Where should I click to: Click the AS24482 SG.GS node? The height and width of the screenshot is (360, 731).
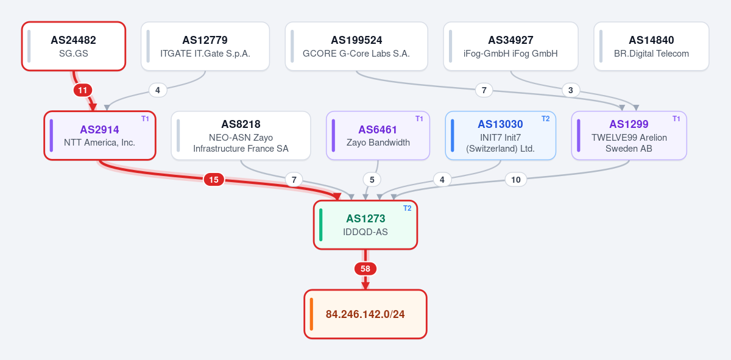tap(74, 46)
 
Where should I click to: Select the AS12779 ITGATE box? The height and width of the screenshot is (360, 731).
tap(205, 46)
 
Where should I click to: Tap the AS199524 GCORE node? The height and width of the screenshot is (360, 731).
tap(356, 46)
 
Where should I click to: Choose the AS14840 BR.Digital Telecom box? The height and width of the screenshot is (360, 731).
tap(651, 46)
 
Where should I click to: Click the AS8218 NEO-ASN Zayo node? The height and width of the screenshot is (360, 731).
tap(241, 135)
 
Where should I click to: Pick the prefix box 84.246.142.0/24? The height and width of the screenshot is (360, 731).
tap(365, 314)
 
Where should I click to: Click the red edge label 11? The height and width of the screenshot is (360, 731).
tap(83, 90)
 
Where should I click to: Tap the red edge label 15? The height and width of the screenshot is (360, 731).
tap(214, 180)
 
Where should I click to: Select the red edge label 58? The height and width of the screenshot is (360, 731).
tap(365, 269)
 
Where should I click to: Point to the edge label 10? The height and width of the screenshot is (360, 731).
tap(515, 180)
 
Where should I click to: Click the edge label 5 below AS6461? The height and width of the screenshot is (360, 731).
tap(372, 180)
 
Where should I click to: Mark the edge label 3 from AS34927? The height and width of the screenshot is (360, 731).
tap(571, 90)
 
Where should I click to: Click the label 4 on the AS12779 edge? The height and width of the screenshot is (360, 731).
tap(158, 90)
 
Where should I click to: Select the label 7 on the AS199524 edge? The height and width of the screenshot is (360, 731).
tap(484, 90)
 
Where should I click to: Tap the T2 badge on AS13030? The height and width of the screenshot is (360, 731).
tap(545, 119)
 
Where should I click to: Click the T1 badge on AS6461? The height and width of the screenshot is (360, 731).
tap(419, 119)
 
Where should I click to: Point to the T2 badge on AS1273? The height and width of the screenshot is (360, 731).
tap(407, 208)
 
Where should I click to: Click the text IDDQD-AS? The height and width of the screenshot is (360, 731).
tap(365, 232)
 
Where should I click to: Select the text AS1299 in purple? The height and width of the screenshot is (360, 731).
tap(629, 124)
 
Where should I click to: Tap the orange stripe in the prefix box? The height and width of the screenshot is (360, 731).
tap(311, 314)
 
